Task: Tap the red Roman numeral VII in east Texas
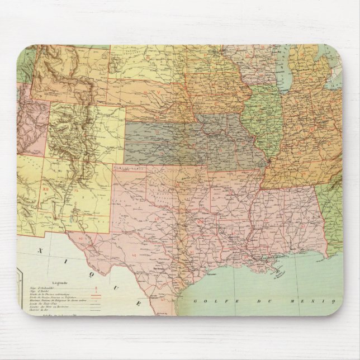click(200, 223)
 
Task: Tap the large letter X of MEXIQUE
click(41, 253)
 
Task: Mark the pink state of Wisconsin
click(254, 61)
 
